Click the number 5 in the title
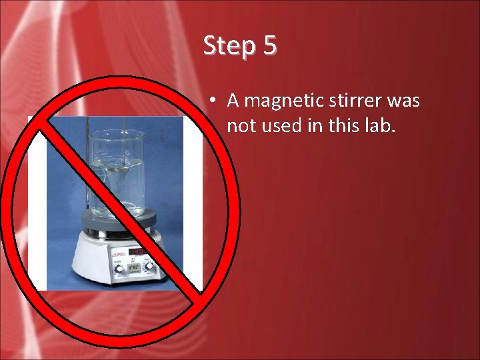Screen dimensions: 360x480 269,45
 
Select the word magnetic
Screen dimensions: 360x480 291,101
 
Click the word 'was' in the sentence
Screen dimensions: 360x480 405,101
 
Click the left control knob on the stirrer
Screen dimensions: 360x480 119,268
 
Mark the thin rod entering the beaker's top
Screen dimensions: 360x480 87,133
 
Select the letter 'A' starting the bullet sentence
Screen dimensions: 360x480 233,101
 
